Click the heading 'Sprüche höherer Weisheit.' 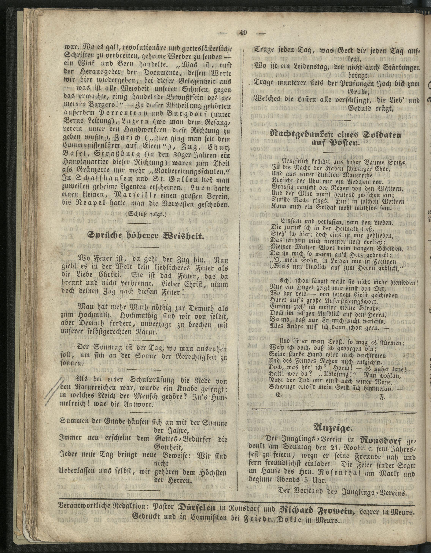146,236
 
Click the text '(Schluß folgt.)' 146,214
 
